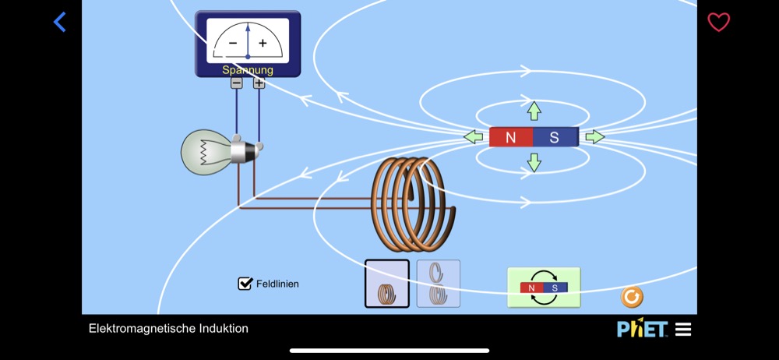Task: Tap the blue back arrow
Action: tap(60, 22)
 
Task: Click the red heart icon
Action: tap(718, 23)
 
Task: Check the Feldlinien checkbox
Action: tap(245, 284)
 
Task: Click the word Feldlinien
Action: tap(277, 284)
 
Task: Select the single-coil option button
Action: tap(387, 284)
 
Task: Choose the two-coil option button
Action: tap(439, 284)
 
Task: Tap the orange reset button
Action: tap(632, 297)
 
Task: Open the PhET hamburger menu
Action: tap(683, 330)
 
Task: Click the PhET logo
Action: tap(642, 329)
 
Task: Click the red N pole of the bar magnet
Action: tap(511, 138)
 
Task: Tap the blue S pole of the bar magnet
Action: tap(555, 138)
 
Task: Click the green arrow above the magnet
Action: tap(534, 111)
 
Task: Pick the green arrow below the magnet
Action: tap(534, 163)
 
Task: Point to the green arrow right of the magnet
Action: tap(594, 137)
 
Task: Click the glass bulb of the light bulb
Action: tap(205, 152)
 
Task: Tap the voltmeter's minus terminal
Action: tap(236, 83)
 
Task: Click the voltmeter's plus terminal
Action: tap(259, 83)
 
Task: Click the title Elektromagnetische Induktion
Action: tap(168, 329)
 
